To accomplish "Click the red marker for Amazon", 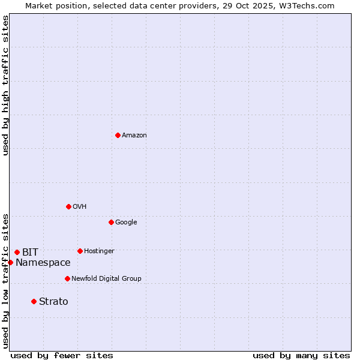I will coord(118,135).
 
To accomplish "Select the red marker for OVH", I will coord(68,206).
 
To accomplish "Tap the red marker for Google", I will coord(111,222).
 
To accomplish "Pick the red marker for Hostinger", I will coord(80,251).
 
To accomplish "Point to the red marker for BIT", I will coord(17,252).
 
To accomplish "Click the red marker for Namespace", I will coord(10,262).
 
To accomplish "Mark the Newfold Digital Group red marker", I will coord(67,278).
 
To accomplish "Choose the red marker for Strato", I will coord(34,301).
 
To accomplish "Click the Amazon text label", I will coord(134,136).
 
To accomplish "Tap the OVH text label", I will coord(80,207).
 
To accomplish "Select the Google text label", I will coord(126,223).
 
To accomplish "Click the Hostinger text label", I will coord(99,251).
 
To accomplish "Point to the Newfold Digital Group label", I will coord(106,279).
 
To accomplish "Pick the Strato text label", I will coord(53,302).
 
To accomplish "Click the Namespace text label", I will coord(43,263).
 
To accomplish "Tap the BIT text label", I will coord(30,253).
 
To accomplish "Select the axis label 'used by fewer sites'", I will coord(62,355).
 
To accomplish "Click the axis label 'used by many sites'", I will coord(301,355).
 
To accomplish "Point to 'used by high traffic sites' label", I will coord(5,85).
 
